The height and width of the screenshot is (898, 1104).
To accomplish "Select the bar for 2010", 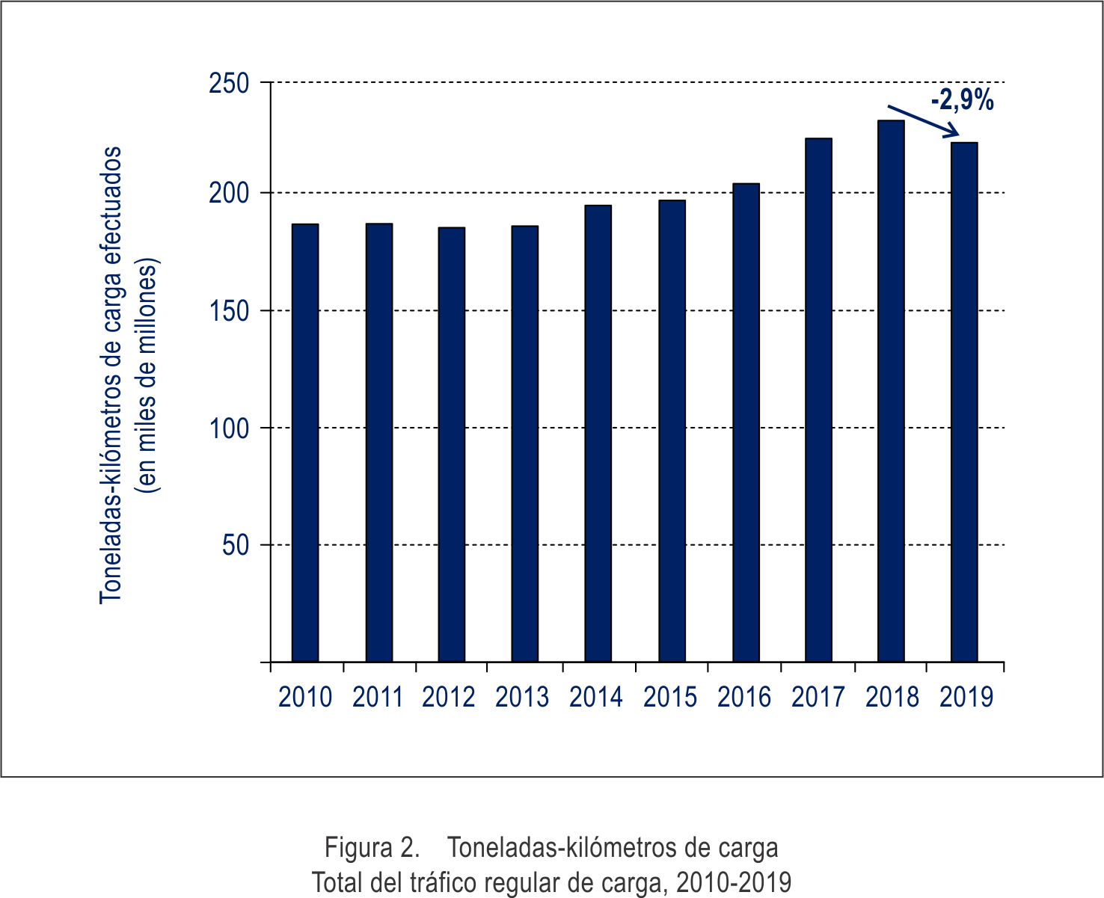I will tap(305, 443).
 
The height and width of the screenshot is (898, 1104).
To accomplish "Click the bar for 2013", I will tap(524, 443).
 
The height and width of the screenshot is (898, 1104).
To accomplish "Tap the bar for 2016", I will tap(746, 422).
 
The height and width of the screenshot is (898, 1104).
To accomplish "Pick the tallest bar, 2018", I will tap(891, 391).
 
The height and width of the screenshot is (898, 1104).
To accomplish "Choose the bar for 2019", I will tap(964, 402).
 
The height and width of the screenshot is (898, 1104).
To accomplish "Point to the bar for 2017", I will tap(818, 400).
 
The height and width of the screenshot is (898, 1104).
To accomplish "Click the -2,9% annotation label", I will tap(962, 100).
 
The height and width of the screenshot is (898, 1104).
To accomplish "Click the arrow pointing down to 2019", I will tap(924, 121).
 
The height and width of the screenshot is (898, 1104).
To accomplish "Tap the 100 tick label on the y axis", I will tap(228, 428).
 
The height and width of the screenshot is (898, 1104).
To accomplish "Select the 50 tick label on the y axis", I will tap(235, 546).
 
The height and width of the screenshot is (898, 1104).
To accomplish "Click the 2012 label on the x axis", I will tap(449, 698).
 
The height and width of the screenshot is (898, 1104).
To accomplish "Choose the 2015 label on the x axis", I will tap(670, 698).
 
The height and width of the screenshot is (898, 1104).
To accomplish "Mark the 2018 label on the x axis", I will tap(892, 698).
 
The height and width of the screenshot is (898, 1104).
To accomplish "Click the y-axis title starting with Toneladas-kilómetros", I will tap(111, 374).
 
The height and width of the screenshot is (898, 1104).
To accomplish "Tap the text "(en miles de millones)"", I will tap(147, 376).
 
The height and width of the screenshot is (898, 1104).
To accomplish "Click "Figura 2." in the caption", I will tap(371, 848).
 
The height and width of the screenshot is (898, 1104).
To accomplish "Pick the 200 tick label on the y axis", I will tap(228, 194).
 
